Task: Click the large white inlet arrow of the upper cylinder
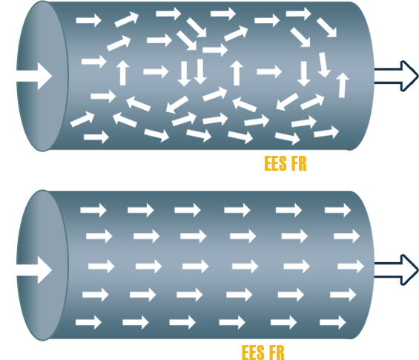(x=34, y=76)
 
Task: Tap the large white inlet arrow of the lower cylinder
(x=34, y=270)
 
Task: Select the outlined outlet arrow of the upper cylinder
(x=396, y=76)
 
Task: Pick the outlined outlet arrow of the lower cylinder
(x=396, y=270)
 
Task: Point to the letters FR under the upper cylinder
(x=299, y=163)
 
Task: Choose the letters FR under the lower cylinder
(x=277, y=353)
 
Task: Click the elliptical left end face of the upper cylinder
(x=42, y=76)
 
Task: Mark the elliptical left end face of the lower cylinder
(x=42, y=265)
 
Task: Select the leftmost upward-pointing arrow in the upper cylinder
(x=122, y=73)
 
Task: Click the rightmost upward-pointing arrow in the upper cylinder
(x=343, y=85)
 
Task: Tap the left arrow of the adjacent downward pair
(x=184, y=73)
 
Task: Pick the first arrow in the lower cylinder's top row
(x=93, y=210)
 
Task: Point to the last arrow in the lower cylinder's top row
(x=337, y=210)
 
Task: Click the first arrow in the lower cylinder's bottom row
(x=88, y=322)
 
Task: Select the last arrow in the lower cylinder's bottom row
(x=333, y=322)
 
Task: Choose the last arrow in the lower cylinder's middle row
(x=351, y=266)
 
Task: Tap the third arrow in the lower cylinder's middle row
(x=196, y=266)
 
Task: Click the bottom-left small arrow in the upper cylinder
(x=96, y=137)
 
